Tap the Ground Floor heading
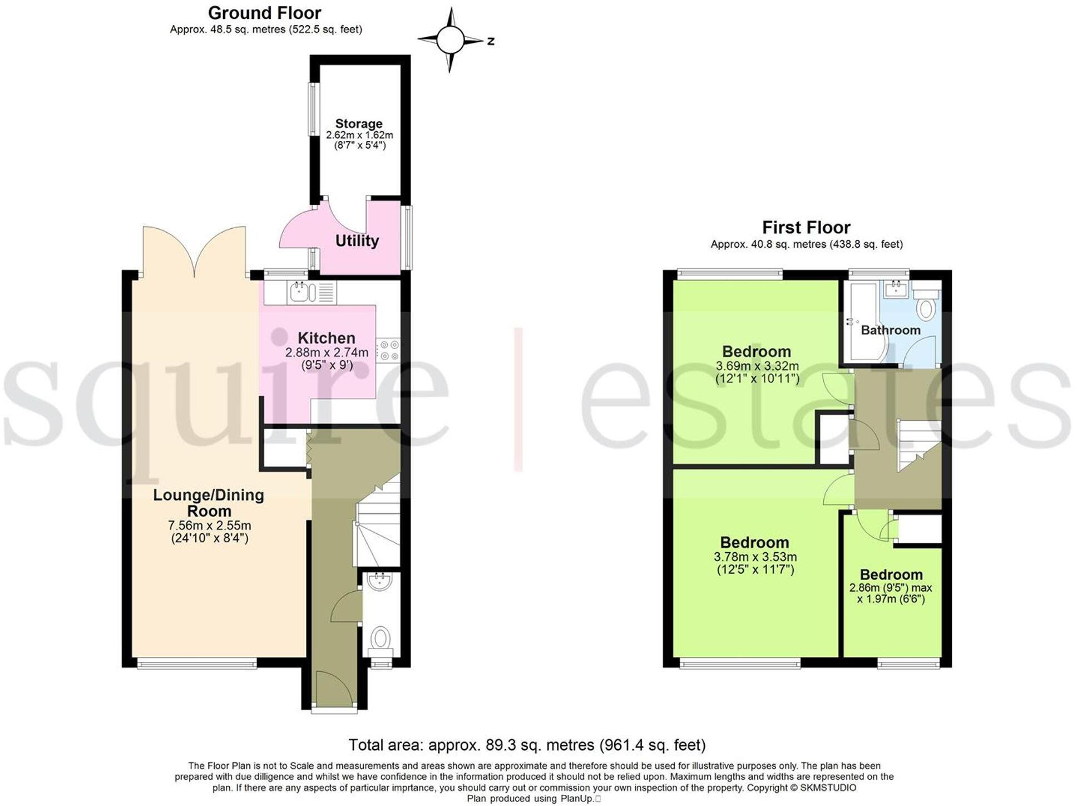pyautogui.click(x=264, y=13)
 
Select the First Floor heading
pyautogui.click(x=806, y=228)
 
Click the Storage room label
pyautogui.click(x=359, y=124)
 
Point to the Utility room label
pyautogui.click(x=357, y=241)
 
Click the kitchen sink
pyautogui.click(x=300, y=292)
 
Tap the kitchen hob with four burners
pyautogui.click(x=388, y=350)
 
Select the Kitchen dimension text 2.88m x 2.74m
pyautogui.click(x=327, y=352)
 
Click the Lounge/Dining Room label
pyautogui.click(x=209, y=503)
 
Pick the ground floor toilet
pyautogui.click(x=381, y=639)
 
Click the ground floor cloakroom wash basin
pyautogui.click(x=380, y=581)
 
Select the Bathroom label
pyautogui.click(x=890, y=330)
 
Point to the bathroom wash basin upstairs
pyautogui.click(x=896, y=289)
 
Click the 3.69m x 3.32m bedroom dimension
pyautogui.click(x=757, y=366)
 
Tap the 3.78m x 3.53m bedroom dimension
pyautogui.click(x=755, y=557)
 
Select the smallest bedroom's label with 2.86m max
pyautogui.click(x=891, y=574)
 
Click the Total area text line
pyautogui.click(x=526, y=745)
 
